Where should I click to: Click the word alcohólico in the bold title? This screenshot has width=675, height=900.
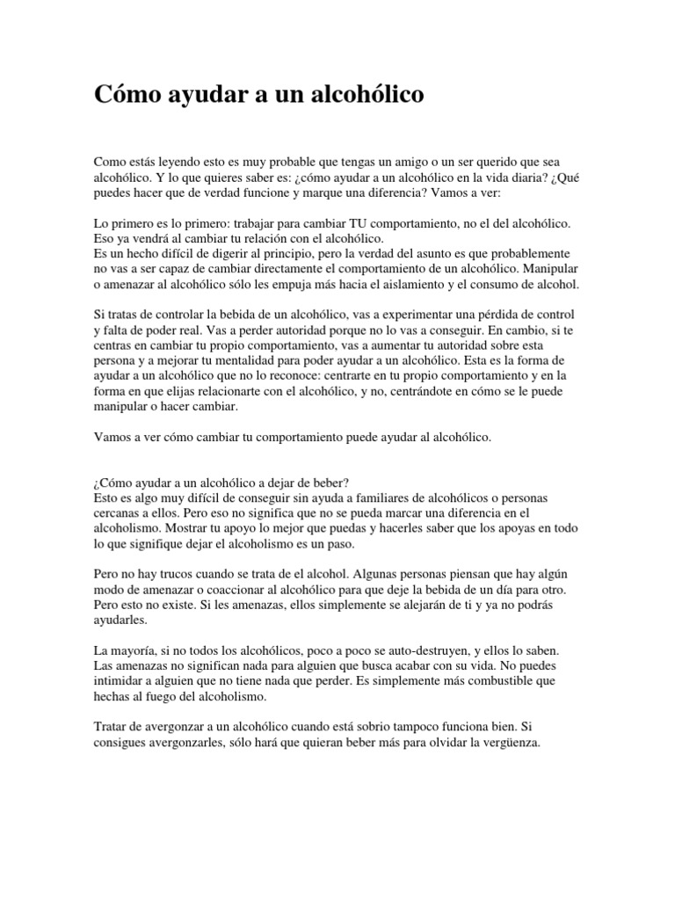click(x=362, y=95)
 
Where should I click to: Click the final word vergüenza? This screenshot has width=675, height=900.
click(x=512, y=742)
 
